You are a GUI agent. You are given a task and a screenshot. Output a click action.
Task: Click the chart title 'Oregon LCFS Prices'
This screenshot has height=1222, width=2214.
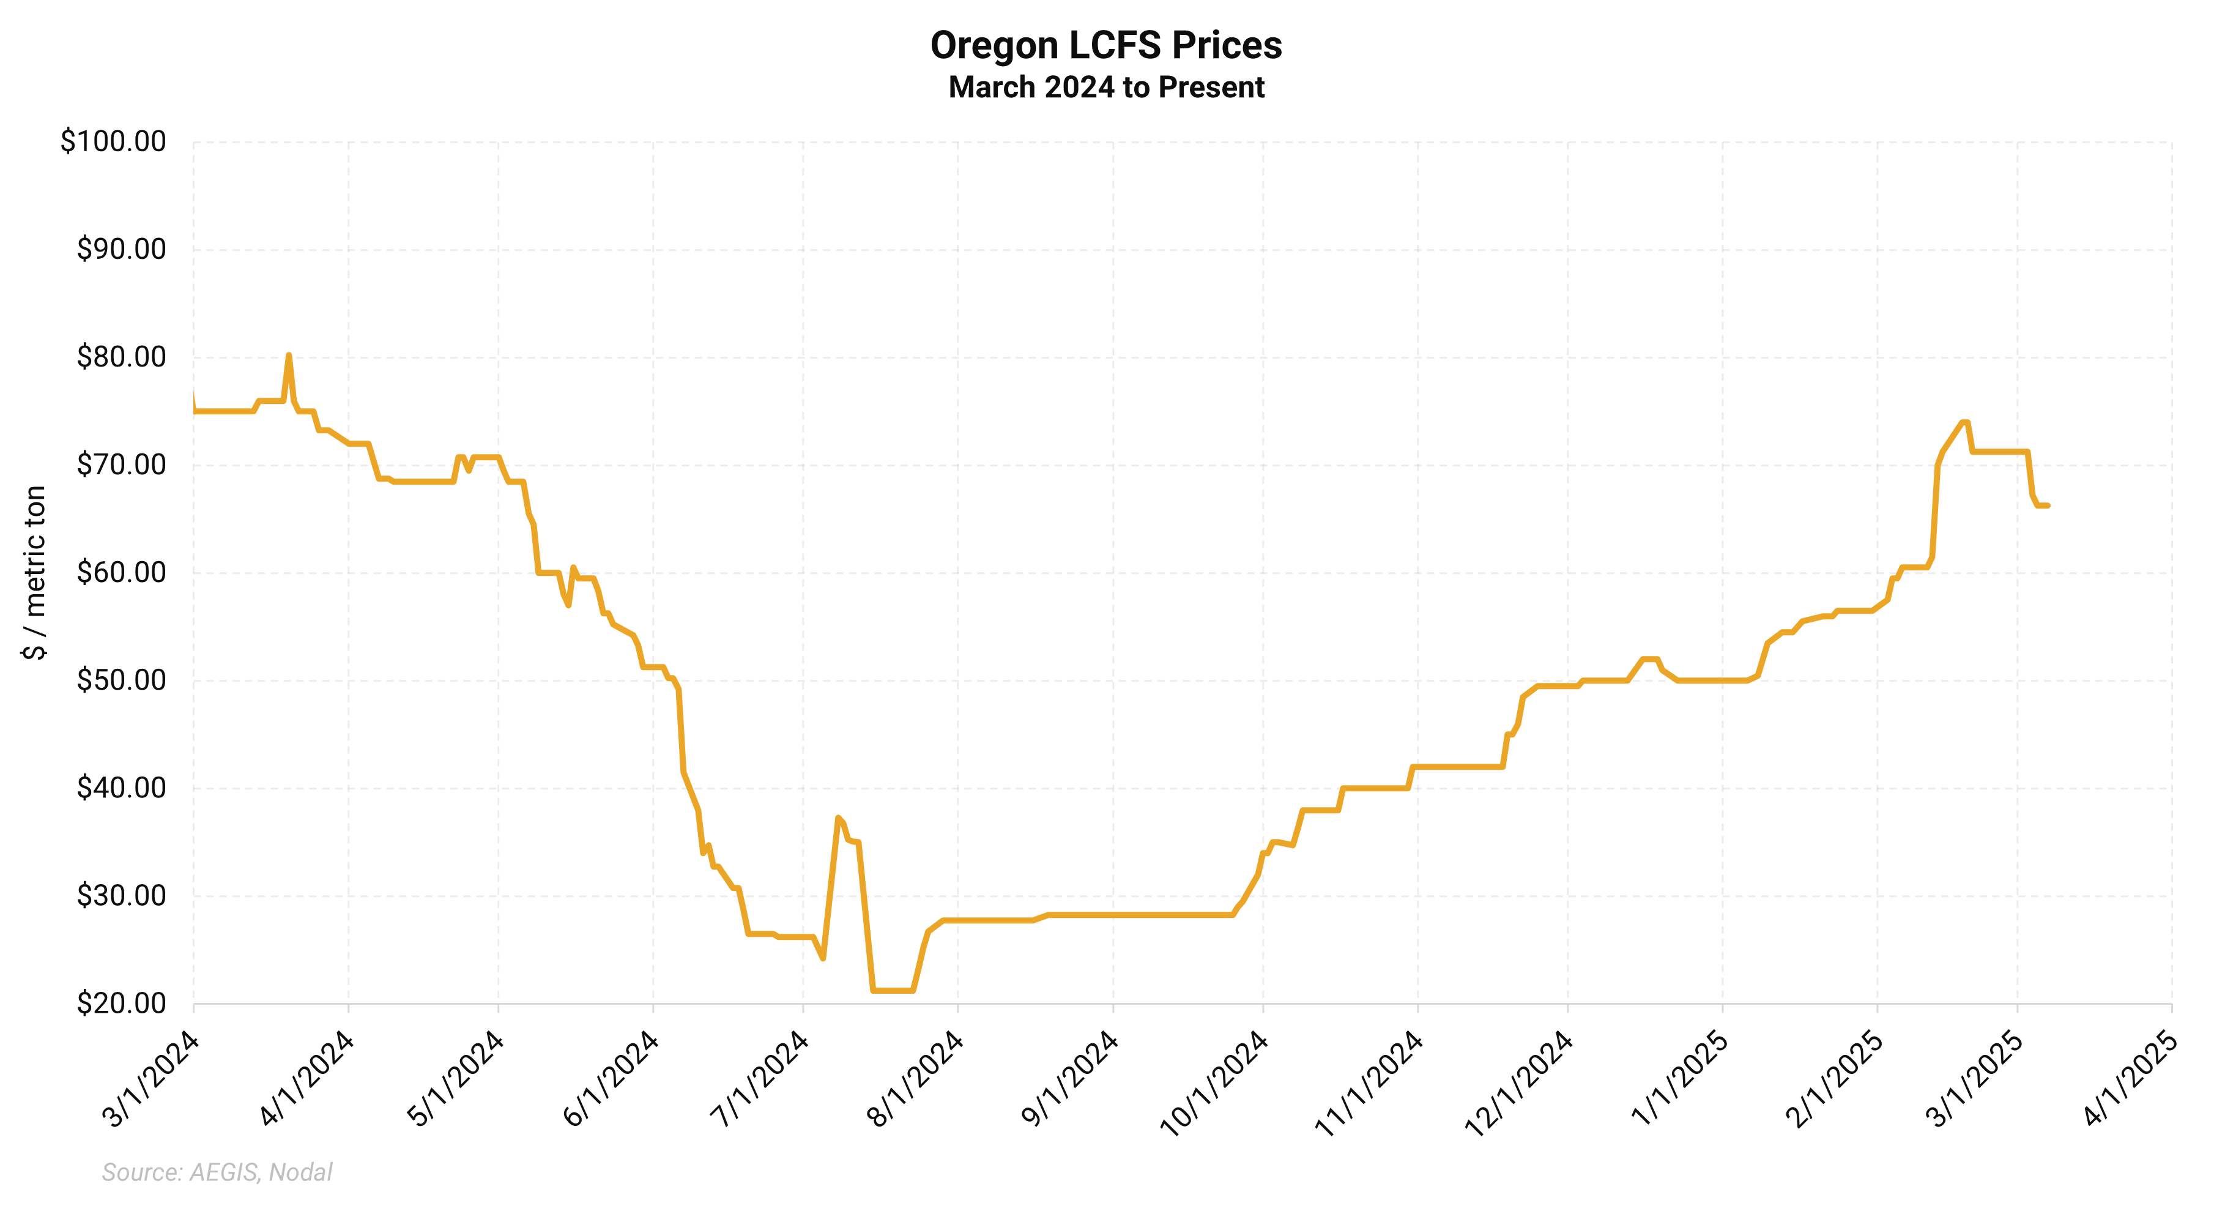[1106, 45]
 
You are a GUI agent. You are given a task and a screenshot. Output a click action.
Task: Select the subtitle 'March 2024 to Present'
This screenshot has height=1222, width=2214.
[1106, 88]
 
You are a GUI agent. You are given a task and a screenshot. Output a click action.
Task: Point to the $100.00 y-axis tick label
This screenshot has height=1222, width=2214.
[113, 141]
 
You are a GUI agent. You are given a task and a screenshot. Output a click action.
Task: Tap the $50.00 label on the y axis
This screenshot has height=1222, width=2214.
[121, 680]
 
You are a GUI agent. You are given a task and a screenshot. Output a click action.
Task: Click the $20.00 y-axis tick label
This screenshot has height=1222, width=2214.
[121, 1003]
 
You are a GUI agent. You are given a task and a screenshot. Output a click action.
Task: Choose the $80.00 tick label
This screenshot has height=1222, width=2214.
[121, 357]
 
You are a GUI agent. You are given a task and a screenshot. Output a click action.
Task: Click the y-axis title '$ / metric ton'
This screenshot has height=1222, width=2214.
[34, 572]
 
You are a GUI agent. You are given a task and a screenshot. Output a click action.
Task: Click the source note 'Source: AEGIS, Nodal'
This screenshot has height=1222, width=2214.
[217, 1172]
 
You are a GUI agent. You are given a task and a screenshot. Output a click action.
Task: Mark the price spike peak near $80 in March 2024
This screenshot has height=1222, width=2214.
[289, 355]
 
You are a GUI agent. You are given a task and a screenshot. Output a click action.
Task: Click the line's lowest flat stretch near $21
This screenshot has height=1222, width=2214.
[892, 991]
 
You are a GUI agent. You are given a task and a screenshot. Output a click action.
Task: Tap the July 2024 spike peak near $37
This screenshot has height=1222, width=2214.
[838, 818]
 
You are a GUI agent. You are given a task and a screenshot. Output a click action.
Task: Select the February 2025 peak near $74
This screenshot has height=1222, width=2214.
[1964, 422]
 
